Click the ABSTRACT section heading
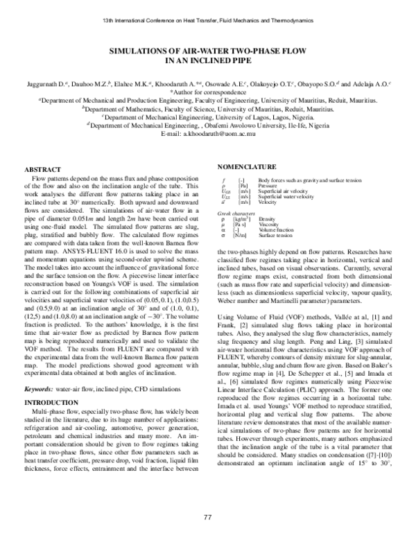[43, 169]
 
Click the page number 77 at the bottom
[207, 517]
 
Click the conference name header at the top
[208, 15]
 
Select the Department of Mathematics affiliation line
[208, 109]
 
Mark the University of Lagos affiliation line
[208, 117]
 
